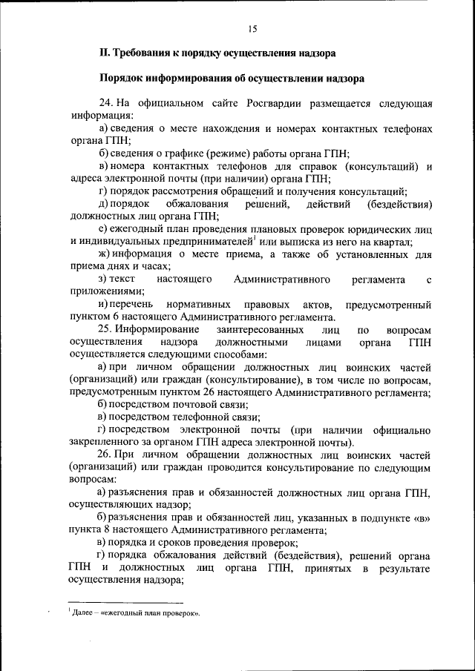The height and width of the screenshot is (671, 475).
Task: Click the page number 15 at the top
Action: pos(252,28)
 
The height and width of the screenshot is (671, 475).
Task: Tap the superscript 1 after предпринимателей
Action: pos(254,238)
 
